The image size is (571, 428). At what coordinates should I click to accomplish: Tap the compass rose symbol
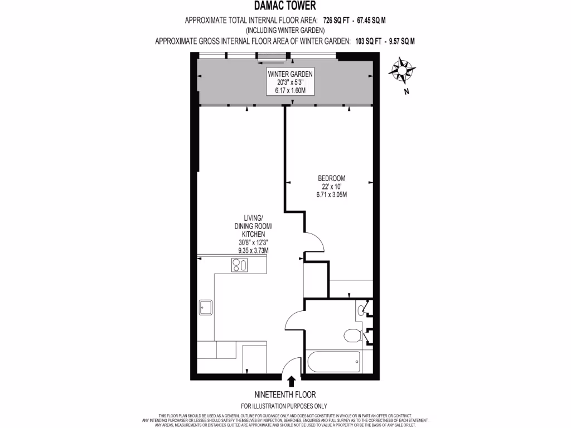click(x=401, y=71)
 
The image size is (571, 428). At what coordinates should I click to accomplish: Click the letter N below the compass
click(x=407, y=92)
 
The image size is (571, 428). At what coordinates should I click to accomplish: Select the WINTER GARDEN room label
click(x=290, y=74)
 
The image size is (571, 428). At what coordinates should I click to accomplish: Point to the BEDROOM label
click(x=332, y=178)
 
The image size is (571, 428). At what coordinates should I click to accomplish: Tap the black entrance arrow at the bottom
click(x=291, y=381)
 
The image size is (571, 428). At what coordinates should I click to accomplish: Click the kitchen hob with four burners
click(x=240, y=265)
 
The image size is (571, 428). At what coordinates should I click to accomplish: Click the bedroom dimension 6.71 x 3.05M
click(x=332, y=194)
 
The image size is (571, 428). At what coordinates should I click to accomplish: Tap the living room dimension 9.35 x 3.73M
click(x=250, y=251)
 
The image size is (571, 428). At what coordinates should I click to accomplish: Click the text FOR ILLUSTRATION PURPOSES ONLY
click(x=284, y=406)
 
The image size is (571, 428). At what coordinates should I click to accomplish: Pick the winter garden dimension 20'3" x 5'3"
click(x=290, y=82)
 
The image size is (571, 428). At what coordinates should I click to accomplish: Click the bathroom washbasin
click(x=363, y=309)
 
